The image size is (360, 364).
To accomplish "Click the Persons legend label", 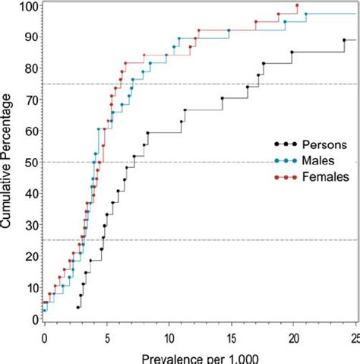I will pos(325,143).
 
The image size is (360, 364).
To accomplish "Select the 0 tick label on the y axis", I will pos(34,319).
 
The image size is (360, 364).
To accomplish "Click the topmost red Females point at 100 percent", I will pos(297,6).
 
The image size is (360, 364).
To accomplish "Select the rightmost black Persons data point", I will pos(344,40).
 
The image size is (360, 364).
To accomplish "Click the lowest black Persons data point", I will pos(78,307).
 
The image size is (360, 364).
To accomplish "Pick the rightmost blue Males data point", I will pos(306,14).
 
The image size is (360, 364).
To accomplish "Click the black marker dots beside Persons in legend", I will pos(286,143).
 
